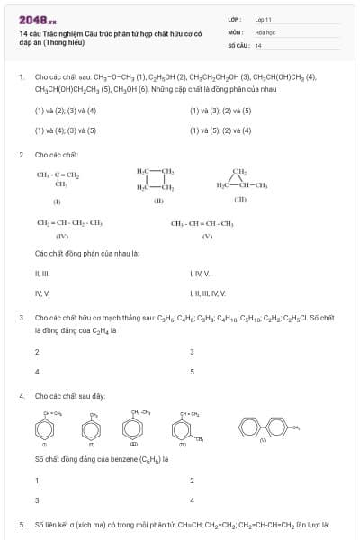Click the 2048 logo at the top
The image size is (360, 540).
pos(35,19)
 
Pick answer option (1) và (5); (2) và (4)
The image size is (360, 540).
pos(220,130)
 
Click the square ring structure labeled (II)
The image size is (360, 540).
pos(156,178)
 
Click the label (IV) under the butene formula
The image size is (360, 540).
pos(62,235)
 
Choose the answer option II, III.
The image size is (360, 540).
pos(41,273)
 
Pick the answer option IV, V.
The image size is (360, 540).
pos(41,292)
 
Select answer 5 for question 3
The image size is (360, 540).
pos(192,371)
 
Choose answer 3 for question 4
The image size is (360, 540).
pos(37,500)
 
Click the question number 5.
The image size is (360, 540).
pos(22,524)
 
